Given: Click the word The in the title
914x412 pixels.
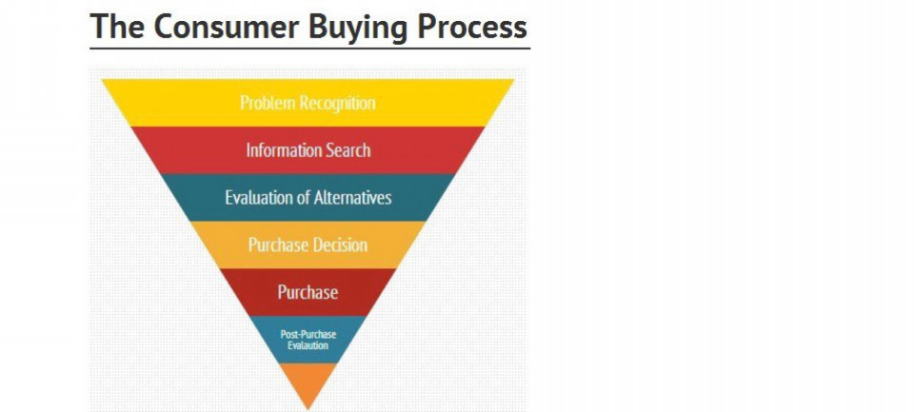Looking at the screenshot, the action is pos(116,27).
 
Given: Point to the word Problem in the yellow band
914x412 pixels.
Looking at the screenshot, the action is pos(268,103).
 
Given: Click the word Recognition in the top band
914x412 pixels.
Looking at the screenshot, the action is pos(337,104).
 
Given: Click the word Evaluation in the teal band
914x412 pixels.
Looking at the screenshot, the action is pos(259,197).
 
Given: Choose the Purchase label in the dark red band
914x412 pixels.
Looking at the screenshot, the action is pos(308,291).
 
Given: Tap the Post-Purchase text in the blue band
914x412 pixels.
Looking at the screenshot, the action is pos(308,335).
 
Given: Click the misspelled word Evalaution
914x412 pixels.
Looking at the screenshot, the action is pos(308,345).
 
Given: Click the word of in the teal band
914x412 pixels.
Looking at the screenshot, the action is pos(304,197).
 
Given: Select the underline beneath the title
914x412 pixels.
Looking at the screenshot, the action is pos(310,49).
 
